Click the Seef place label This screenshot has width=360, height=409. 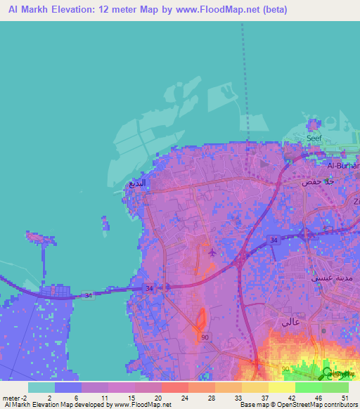point(314,138)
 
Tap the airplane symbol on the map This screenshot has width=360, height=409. point(212,252)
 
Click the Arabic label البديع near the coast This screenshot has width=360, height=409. point(138,183)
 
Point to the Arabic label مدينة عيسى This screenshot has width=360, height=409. point(326,278)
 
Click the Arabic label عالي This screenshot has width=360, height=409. point(290,323)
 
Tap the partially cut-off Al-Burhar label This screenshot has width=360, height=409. point(344,166)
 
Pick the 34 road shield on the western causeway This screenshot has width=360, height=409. point(86,296)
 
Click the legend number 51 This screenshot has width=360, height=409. point(344,397)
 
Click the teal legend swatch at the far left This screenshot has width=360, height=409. point(41,387)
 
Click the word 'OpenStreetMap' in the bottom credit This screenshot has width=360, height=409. point(289,405)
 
